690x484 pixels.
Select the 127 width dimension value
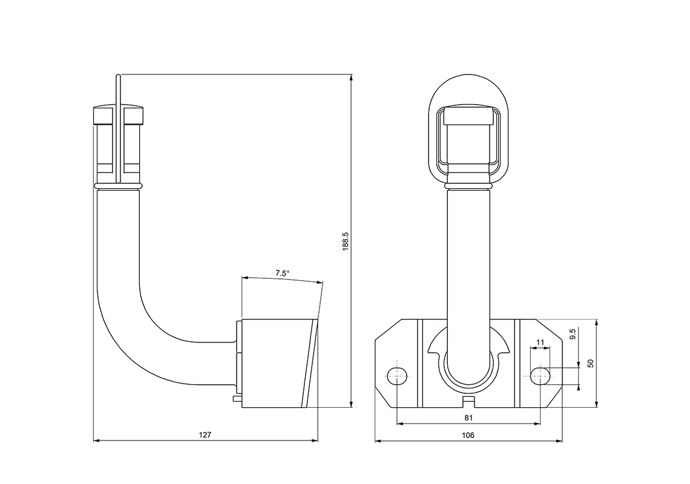click(205, 434)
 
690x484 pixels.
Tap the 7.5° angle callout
click(282, 273)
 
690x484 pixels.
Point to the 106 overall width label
click(468, 434)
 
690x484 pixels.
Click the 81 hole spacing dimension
click(468, 417)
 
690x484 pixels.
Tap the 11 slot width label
click(540, 342)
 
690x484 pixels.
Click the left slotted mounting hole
click(396, 376)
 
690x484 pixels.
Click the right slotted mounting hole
click(540, 376)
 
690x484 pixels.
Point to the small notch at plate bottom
click(468, 401)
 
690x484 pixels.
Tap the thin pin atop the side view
click(119, 91)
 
